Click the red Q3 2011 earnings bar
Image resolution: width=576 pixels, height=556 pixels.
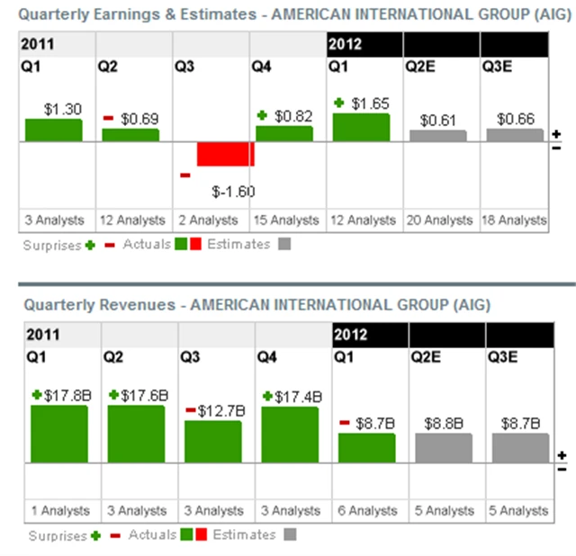coord(226,154)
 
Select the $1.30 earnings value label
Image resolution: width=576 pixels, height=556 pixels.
coord(62,109)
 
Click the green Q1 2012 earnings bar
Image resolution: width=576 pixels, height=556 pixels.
coord(361,128)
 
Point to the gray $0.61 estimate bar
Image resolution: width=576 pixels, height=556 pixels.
coord(438,136)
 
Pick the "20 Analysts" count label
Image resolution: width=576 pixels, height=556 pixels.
coord(438,220)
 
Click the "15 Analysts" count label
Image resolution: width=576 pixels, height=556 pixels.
coord(283,220)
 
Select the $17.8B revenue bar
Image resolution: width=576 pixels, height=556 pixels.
coord(59,434)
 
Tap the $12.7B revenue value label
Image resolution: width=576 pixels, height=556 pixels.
coord(219,411)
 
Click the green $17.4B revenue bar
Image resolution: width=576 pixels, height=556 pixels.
coord(290,435)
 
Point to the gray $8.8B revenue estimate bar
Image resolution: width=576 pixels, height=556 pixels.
coord(444,447)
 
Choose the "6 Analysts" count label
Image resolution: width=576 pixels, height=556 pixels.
coord(366,510)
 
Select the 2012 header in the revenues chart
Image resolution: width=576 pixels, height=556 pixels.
coord(350,335)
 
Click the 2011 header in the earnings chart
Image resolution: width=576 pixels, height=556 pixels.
coord(37,44)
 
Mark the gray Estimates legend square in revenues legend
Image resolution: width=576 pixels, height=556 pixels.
coord(290,535)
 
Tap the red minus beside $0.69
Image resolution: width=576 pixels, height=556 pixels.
coord(108,119)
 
